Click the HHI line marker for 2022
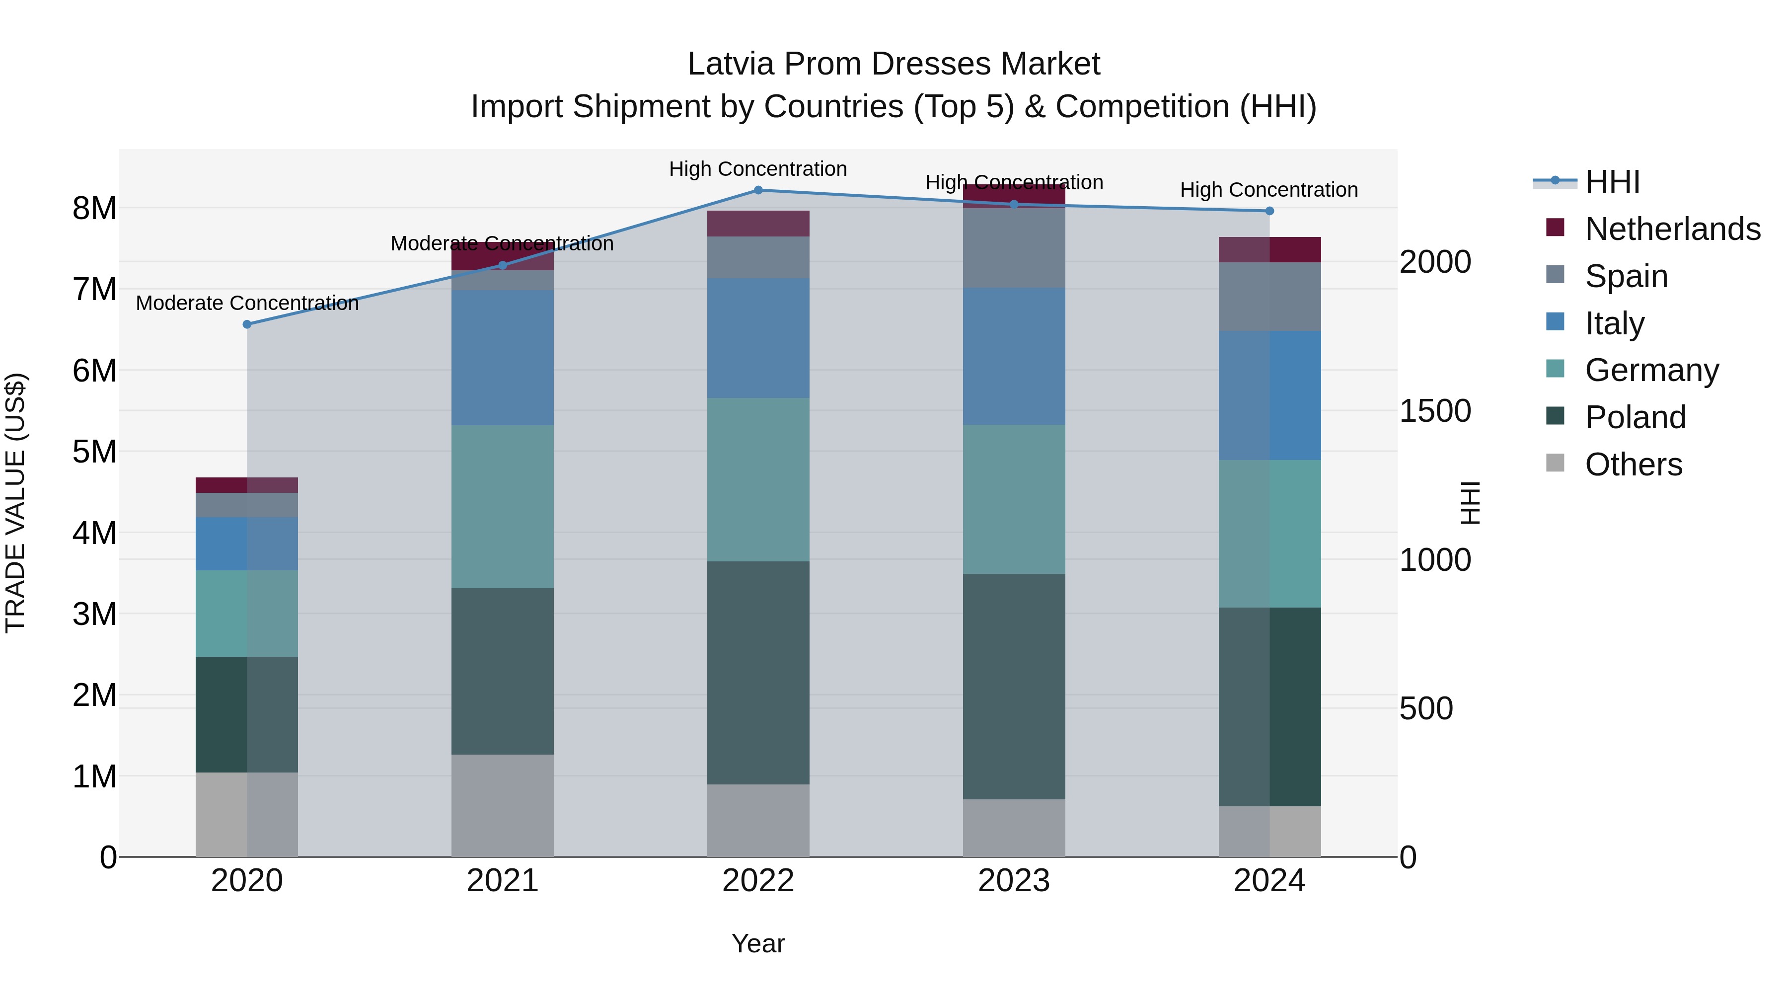[x=758, y=190]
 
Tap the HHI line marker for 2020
[x=247, y=324]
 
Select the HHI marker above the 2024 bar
[x=1269, y=211]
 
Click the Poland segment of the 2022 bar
[x=758, y=672]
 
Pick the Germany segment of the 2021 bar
[x=503, y=507]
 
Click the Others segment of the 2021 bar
[x=503, y=805]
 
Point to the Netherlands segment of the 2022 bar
[x=758, y=224]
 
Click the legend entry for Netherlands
[x=1672, y=229]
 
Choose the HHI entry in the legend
[x=1612, y=182]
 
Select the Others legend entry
[x=1633, y=464]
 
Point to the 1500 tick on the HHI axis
[x=1435, y=411]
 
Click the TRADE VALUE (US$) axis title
[x=15, y=503]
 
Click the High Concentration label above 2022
[x=758, y=169]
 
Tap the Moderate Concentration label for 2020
[x=247, y=304]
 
